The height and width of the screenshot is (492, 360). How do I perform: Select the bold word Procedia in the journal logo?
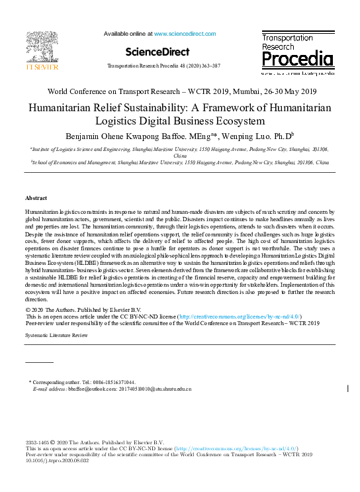297,60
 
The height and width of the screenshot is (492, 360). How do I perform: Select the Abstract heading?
36,198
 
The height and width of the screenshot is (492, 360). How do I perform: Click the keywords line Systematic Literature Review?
56,336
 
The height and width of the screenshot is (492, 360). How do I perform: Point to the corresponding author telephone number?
112,383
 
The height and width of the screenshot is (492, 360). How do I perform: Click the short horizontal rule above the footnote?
39,363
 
